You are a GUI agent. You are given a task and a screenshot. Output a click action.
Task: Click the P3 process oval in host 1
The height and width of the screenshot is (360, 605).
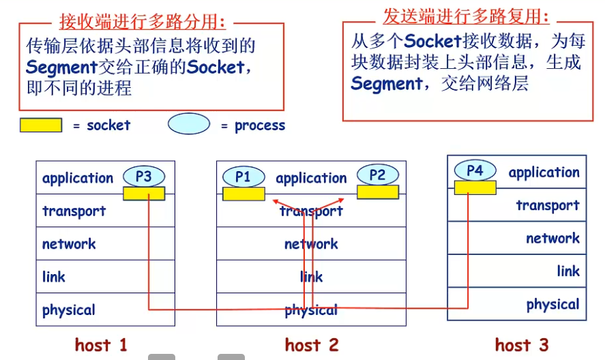coord(143,177)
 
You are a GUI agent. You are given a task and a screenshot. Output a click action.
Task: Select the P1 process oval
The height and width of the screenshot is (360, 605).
coord(243,177)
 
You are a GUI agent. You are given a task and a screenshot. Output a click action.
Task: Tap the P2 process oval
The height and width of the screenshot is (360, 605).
coord(377,175)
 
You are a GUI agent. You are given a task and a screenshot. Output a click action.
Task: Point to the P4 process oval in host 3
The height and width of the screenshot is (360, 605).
coord(475,170)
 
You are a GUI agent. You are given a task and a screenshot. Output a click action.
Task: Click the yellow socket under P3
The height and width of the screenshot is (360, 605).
coord(144,194)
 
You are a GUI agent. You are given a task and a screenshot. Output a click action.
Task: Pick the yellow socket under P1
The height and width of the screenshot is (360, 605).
coord(244,194)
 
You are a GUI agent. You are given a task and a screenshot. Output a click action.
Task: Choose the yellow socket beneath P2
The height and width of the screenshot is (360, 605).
coord(378,192)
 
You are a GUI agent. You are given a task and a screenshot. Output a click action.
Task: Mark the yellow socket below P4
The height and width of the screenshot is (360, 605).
coord(475,187)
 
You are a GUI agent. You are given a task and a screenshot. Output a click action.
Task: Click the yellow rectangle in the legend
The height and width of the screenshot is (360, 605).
coord(40,125)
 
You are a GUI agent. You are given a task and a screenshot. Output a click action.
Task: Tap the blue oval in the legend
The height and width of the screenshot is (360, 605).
coord(189,125)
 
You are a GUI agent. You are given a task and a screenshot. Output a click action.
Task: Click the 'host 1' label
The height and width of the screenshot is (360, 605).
coord(101,345)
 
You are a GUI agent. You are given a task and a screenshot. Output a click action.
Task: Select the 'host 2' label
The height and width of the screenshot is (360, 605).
coord(312,345)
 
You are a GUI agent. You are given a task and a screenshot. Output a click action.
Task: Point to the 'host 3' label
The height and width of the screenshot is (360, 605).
coord(522,345)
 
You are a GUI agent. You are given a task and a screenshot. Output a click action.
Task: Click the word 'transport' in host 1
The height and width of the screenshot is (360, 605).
coord(74,211)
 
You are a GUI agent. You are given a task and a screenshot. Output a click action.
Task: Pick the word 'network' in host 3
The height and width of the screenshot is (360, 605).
coord(552,239)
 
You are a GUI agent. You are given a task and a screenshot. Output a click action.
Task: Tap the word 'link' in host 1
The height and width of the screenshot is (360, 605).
coord(54,277)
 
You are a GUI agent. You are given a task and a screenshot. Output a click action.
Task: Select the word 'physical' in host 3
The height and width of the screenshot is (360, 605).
coord(552,305)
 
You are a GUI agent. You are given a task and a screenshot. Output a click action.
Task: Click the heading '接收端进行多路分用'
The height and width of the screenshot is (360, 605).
coord(142,22)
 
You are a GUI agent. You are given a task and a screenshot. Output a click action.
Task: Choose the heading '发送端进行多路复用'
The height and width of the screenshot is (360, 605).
coord(466,16)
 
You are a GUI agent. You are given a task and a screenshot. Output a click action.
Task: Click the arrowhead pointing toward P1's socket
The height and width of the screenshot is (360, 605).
coord(276,201)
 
